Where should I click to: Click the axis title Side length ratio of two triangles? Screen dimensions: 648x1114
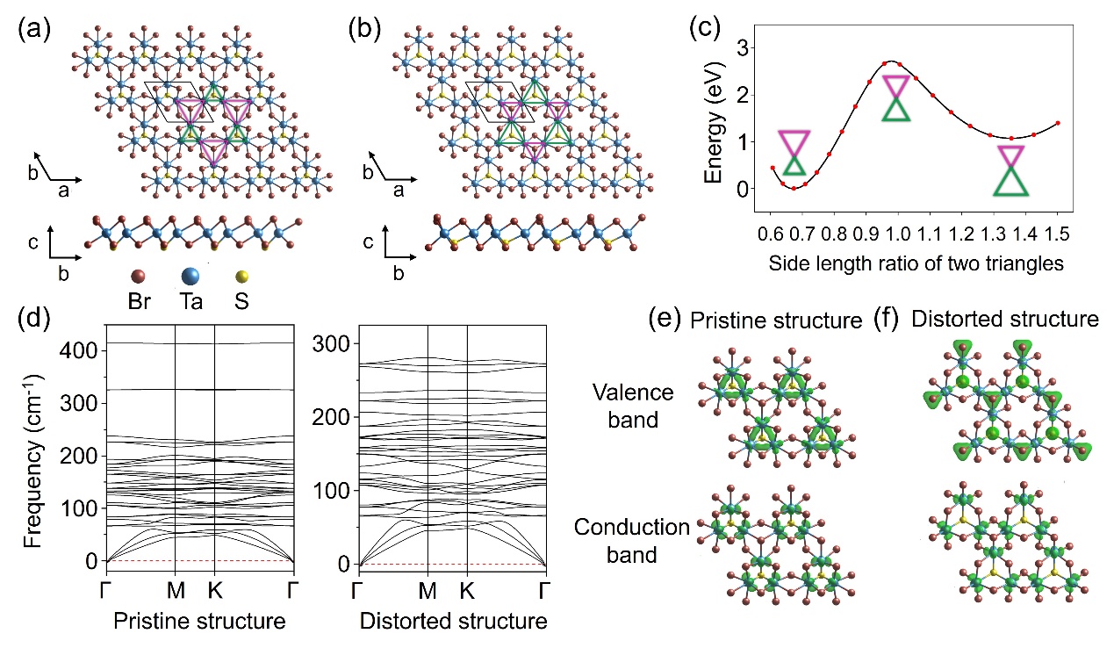click(x=915, y=263)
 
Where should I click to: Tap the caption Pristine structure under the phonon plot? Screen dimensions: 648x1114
click(x=200, y=622)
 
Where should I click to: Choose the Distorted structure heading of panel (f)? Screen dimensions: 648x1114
click(x=1004, y=320)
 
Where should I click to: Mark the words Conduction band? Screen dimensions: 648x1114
click(x=632, y=542)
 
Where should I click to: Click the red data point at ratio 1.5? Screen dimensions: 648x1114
click(x=1057, y=123)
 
